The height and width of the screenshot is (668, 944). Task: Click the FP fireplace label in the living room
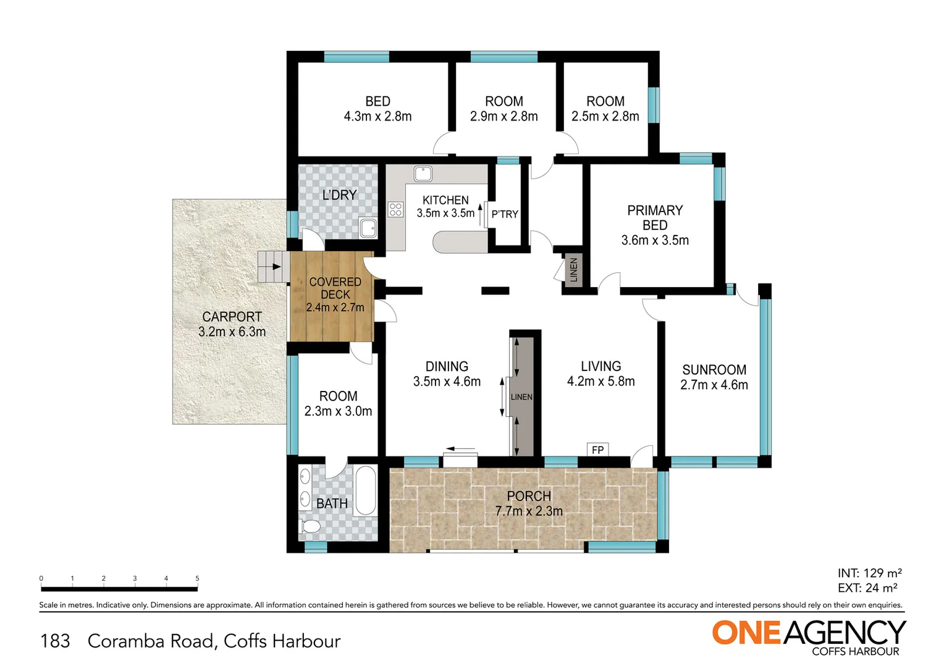[x=597, y=450]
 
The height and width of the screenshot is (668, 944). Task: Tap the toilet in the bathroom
[x=310, y=527]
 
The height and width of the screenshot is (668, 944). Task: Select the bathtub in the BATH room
[x=366, y=491]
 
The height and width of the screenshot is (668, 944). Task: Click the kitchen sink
[x=423, y=173]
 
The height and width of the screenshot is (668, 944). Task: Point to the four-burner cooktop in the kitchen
[x=395, y=210]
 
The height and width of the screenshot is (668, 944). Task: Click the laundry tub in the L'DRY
[x=368, y=228]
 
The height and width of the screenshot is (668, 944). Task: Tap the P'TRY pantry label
[x=505, y=214]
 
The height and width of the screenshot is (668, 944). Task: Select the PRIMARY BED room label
[x=655, y=218]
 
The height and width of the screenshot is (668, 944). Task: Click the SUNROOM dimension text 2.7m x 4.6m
[x=714, y=385]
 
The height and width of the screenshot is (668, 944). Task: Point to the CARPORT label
[x=232, y=316]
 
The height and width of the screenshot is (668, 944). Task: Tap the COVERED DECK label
[x=335, y=288]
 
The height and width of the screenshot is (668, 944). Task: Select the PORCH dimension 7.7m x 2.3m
[x=529, y=512]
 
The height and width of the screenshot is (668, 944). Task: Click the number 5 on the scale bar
[x=197, y=578]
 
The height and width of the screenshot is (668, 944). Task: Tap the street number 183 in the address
[x=55, y=641]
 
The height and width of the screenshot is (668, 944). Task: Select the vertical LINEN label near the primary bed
[x=573, y=270]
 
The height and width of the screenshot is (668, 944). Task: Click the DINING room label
[x=447, y=366]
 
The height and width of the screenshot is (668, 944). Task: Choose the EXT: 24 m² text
[x=867, y=588]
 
